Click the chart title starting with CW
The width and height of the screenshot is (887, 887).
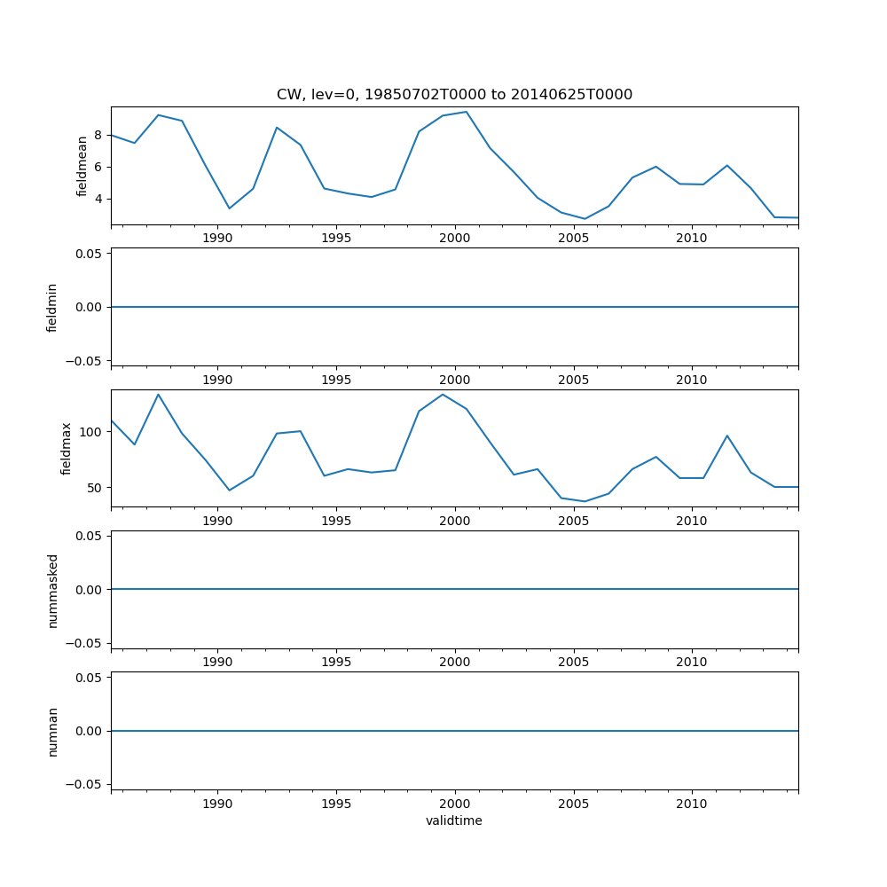[x=454, y=95]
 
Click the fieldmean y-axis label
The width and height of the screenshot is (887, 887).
[x=82, y=166]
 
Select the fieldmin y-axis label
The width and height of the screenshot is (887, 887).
[x=52, y=307]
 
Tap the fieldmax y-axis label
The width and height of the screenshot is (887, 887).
[x=67, y=448]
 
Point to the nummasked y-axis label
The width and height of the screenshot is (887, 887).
[x=52, y=590]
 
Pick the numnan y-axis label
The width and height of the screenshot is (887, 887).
[x=52, y=731]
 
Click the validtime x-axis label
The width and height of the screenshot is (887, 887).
[x=454, y=820]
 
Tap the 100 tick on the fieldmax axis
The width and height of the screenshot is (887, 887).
[x=92, y=432]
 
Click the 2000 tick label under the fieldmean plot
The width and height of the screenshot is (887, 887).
[x=454, y=238]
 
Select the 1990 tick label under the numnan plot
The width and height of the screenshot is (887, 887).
[x=217, y=804]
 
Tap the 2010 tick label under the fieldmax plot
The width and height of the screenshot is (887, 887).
[x=691, y=521]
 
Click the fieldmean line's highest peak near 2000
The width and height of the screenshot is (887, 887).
[x=467, y=112]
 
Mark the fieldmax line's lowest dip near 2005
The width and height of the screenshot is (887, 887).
[x=585, y=501]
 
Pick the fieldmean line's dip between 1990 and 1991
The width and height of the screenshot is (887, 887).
[x=229, y=208]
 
